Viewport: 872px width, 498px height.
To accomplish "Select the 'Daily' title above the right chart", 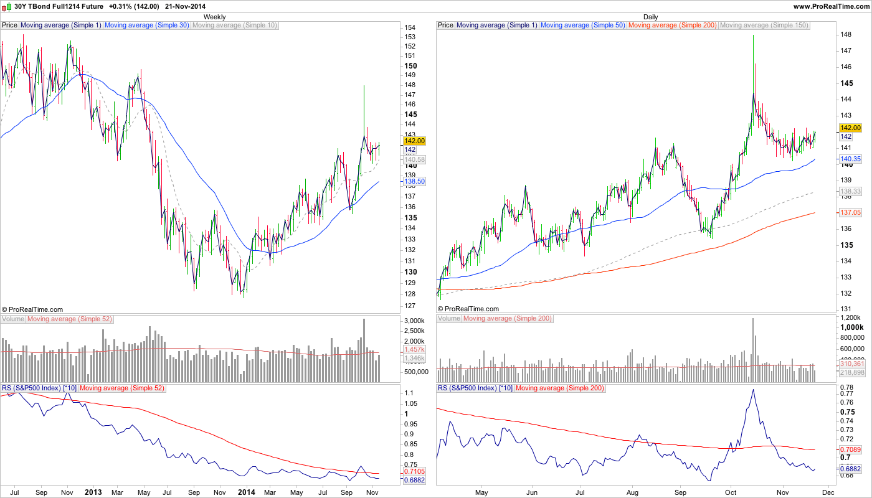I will coord(650,17).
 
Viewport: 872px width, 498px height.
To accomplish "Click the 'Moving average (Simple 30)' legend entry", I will coord(146,26).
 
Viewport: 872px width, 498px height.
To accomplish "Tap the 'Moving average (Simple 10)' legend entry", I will coord(234,26).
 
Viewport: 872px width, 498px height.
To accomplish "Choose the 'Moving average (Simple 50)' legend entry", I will coord(582,26).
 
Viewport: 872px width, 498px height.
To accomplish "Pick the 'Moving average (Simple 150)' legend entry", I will coord(764,26).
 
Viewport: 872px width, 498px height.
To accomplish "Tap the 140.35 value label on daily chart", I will coord(850,159).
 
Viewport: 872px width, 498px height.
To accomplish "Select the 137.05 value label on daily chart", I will coord(850,212).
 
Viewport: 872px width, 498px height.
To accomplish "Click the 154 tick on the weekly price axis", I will coord(410,28).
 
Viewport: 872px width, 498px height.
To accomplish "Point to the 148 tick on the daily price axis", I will coord(846,34).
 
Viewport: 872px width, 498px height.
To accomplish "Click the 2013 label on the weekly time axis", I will coord(93,492).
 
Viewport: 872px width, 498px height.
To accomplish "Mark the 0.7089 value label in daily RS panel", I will coord(851,449).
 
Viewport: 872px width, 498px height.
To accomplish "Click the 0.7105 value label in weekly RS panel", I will coord(415,471).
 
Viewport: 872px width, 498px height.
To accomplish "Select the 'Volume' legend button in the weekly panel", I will coord(13,319).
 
